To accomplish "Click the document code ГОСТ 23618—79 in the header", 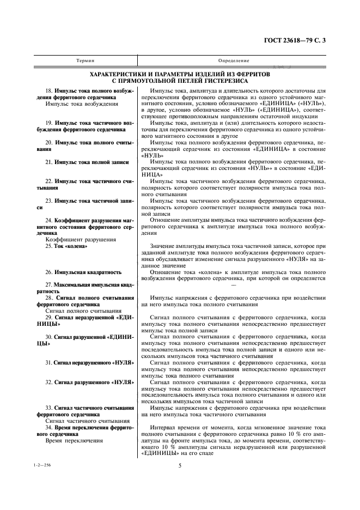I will [x=296, y=40].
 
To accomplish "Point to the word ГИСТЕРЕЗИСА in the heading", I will [x=223, y=81].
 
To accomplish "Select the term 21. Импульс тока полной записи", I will [x=87, y=162].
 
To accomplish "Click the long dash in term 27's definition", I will [x=234, y=284].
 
